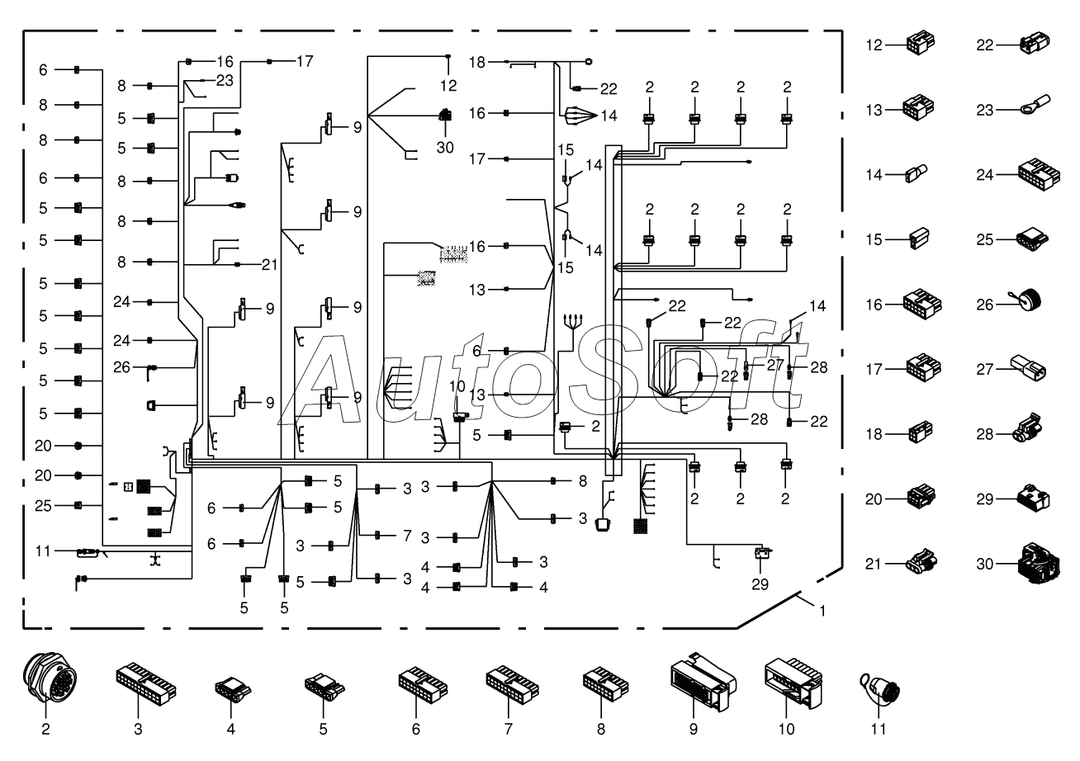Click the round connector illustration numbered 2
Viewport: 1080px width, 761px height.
(50, 677)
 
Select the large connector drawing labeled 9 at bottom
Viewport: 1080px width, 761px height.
(703, 682)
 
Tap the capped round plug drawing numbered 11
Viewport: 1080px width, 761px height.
(880, 690)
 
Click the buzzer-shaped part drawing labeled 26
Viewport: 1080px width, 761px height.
(1027, 300)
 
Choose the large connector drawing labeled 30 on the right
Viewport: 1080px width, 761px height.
(1038, 563)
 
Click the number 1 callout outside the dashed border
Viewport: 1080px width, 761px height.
(822, 611)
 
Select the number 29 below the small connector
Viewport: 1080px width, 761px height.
(760, 584)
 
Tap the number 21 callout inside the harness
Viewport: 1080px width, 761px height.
(269, 264)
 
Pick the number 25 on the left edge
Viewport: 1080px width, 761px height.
(43, 506)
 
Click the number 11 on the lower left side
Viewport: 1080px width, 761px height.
(43, 551)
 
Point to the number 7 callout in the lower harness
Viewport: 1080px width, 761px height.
(407, 536)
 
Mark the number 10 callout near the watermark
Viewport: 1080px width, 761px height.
(457, 386)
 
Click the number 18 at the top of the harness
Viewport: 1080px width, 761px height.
(477, 62)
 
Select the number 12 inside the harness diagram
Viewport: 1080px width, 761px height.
(448, 85)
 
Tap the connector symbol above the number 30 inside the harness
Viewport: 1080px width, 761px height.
(446, 115)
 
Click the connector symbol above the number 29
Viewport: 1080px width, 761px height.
(762, 553)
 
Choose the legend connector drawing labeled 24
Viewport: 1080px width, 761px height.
(1039, 174)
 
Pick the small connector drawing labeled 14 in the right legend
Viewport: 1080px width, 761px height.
(917, 174)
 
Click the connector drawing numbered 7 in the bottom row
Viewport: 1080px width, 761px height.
(512, 684)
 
